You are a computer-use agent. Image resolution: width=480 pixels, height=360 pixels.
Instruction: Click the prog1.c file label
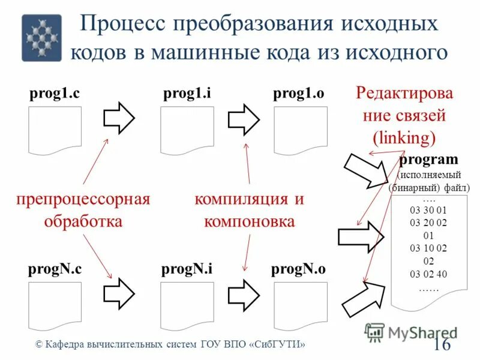[x=55, y=94]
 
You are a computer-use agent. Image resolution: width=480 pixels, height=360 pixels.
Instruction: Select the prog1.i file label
[x=187, y=94]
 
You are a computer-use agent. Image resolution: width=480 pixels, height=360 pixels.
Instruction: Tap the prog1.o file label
[x=299, y=94]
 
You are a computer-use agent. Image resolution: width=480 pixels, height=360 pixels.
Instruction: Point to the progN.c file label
[x=55, y=269]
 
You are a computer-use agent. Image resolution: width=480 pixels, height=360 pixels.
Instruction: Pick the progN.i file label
[x=187, y=269]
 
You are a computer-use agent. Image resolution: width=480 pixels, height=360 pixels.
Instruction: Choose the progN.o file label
[x=298, y=269]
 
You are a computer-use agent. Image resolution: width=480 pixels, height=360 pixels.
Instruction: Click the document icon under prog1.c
[x=55, y=130]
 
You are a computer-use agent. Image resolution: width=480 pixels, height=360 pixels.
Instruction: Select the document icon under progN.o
[x=300, y=305]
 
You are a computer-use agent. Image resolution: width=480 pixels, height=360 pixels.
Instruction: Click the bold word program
[x=428, y=160]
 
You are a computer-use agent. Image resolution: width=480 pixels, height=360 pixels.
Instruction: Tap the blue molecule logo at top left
[x=41, y=38]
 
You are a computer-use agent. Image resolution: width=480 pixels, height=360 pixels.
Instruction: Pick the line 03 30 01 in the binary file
[x=428, y=210]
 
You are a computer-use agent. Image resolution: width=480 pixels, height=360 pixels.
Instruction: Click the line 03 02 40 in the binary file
[x=428, y=274]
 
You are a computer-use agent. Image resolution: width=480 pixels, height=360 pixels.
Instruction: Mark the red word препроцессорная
[x=83, y=199]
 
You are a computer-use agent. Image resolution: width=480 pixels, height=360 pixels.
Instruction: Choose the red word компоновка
[x=249, y=221]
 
